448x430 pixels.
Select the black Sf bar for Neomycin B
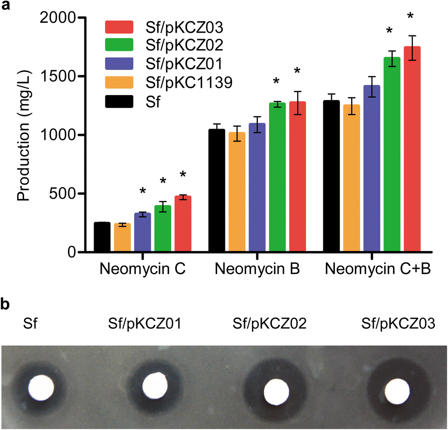point(217,191)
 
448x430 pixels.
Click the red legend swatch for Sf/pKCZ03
point(119,27)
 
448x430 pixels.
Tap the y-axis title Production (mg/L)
point(24,135)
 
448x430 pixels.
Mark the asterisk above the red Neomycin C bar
point(183,175)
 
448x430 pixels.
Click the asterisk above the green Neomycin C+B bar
point(389,31)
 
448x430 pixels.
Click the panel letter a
point(6,7)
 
